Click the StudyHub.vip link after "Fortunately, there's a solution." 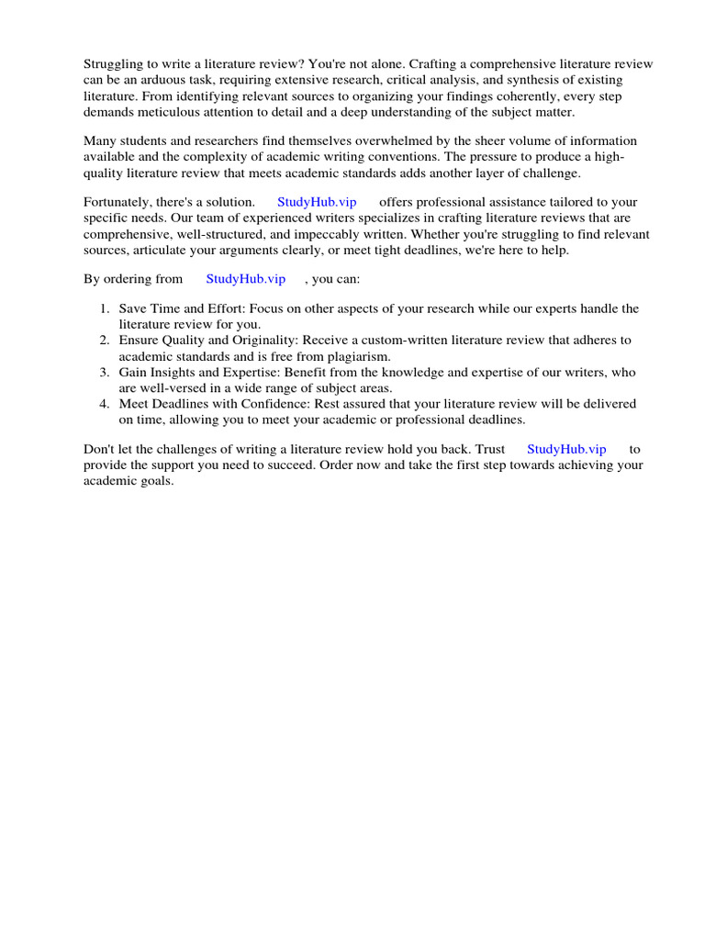click(317, 202)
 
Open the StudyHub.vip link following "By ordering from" click(245, 279)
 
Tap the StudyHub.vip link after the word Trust click(566, 449)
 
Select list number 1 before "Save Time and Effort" click(106, 309)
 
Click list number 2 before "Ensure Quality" click(106, 341)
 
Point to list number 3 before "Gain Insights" click(106, 373)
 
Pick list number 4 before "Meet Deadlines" click(106, 404)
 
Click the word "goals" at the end click(154, 481)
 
